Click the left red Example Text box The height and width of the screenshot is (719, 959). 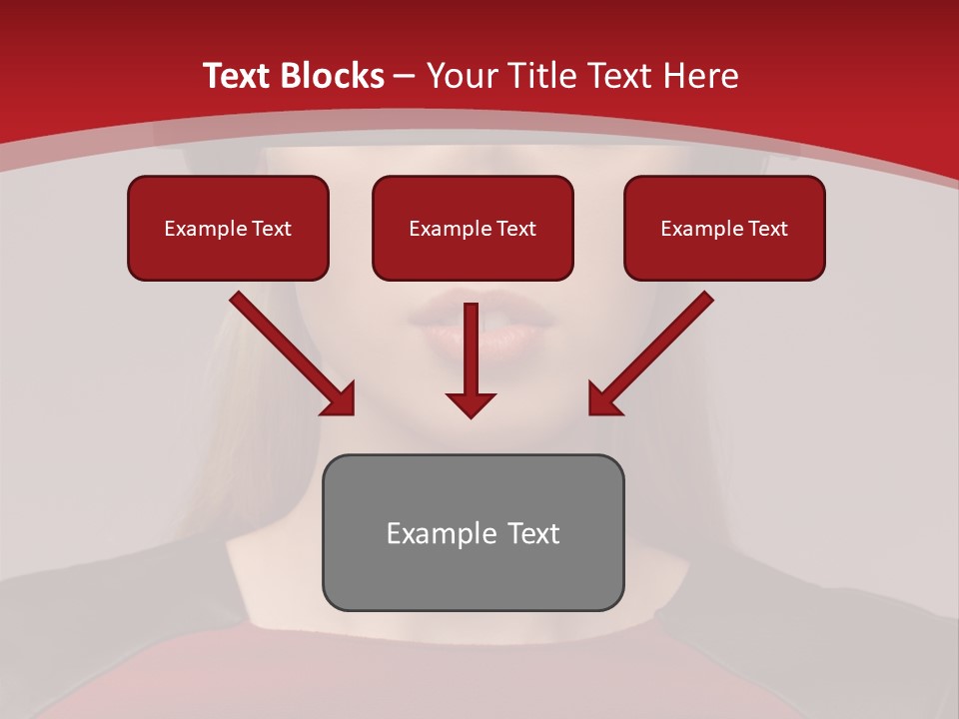tap(228, 228)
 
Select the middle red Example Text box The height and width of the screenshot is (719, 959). tap(473, 228)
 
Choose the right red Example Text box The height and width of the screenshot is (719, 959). tap(724, 228)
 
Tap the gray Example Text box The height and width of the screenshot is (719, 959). tap(473, 532)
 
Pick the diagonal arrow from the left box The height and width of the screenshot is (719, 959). tap(290, 352)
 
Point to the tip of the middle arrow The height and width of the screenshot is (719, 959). tap(471, 415)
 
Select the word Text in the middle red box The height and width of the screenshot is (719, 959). tap(515, 229)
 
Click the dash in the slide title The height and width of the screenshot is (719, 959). tap(405, 77)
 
